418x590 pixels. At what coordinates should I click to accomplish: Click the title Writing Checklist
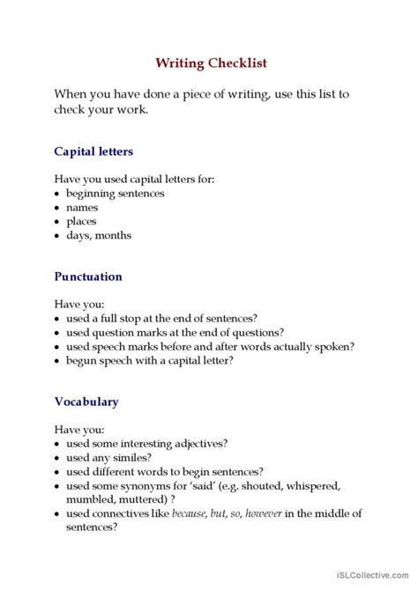pos(211,63)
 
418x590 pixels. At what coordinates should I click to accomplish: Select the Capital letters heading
pos(93,151)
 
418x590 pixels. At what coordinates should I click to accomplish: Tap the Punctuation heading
pos(88,277)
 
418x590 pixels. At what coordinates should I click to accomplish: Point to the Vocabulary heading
pos(86,402)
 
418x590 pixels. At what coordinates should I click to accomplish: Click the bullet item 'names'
pos(82,207)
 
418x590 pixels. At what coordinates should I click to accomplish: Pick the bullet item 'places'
pos(82,221)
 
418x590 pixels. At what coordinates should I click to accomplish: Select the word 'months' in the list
pos(113,235)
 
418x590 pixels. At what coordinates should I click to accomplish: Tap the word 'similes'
pos(133,457)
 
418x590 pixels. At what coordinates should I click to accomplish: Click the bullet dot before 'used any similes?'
pos(56,458)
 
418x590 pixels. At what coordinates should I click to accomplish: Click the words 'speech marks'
pos(130,346)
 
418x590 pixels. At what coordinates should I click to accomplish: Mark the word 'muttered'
pos(137,499)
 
